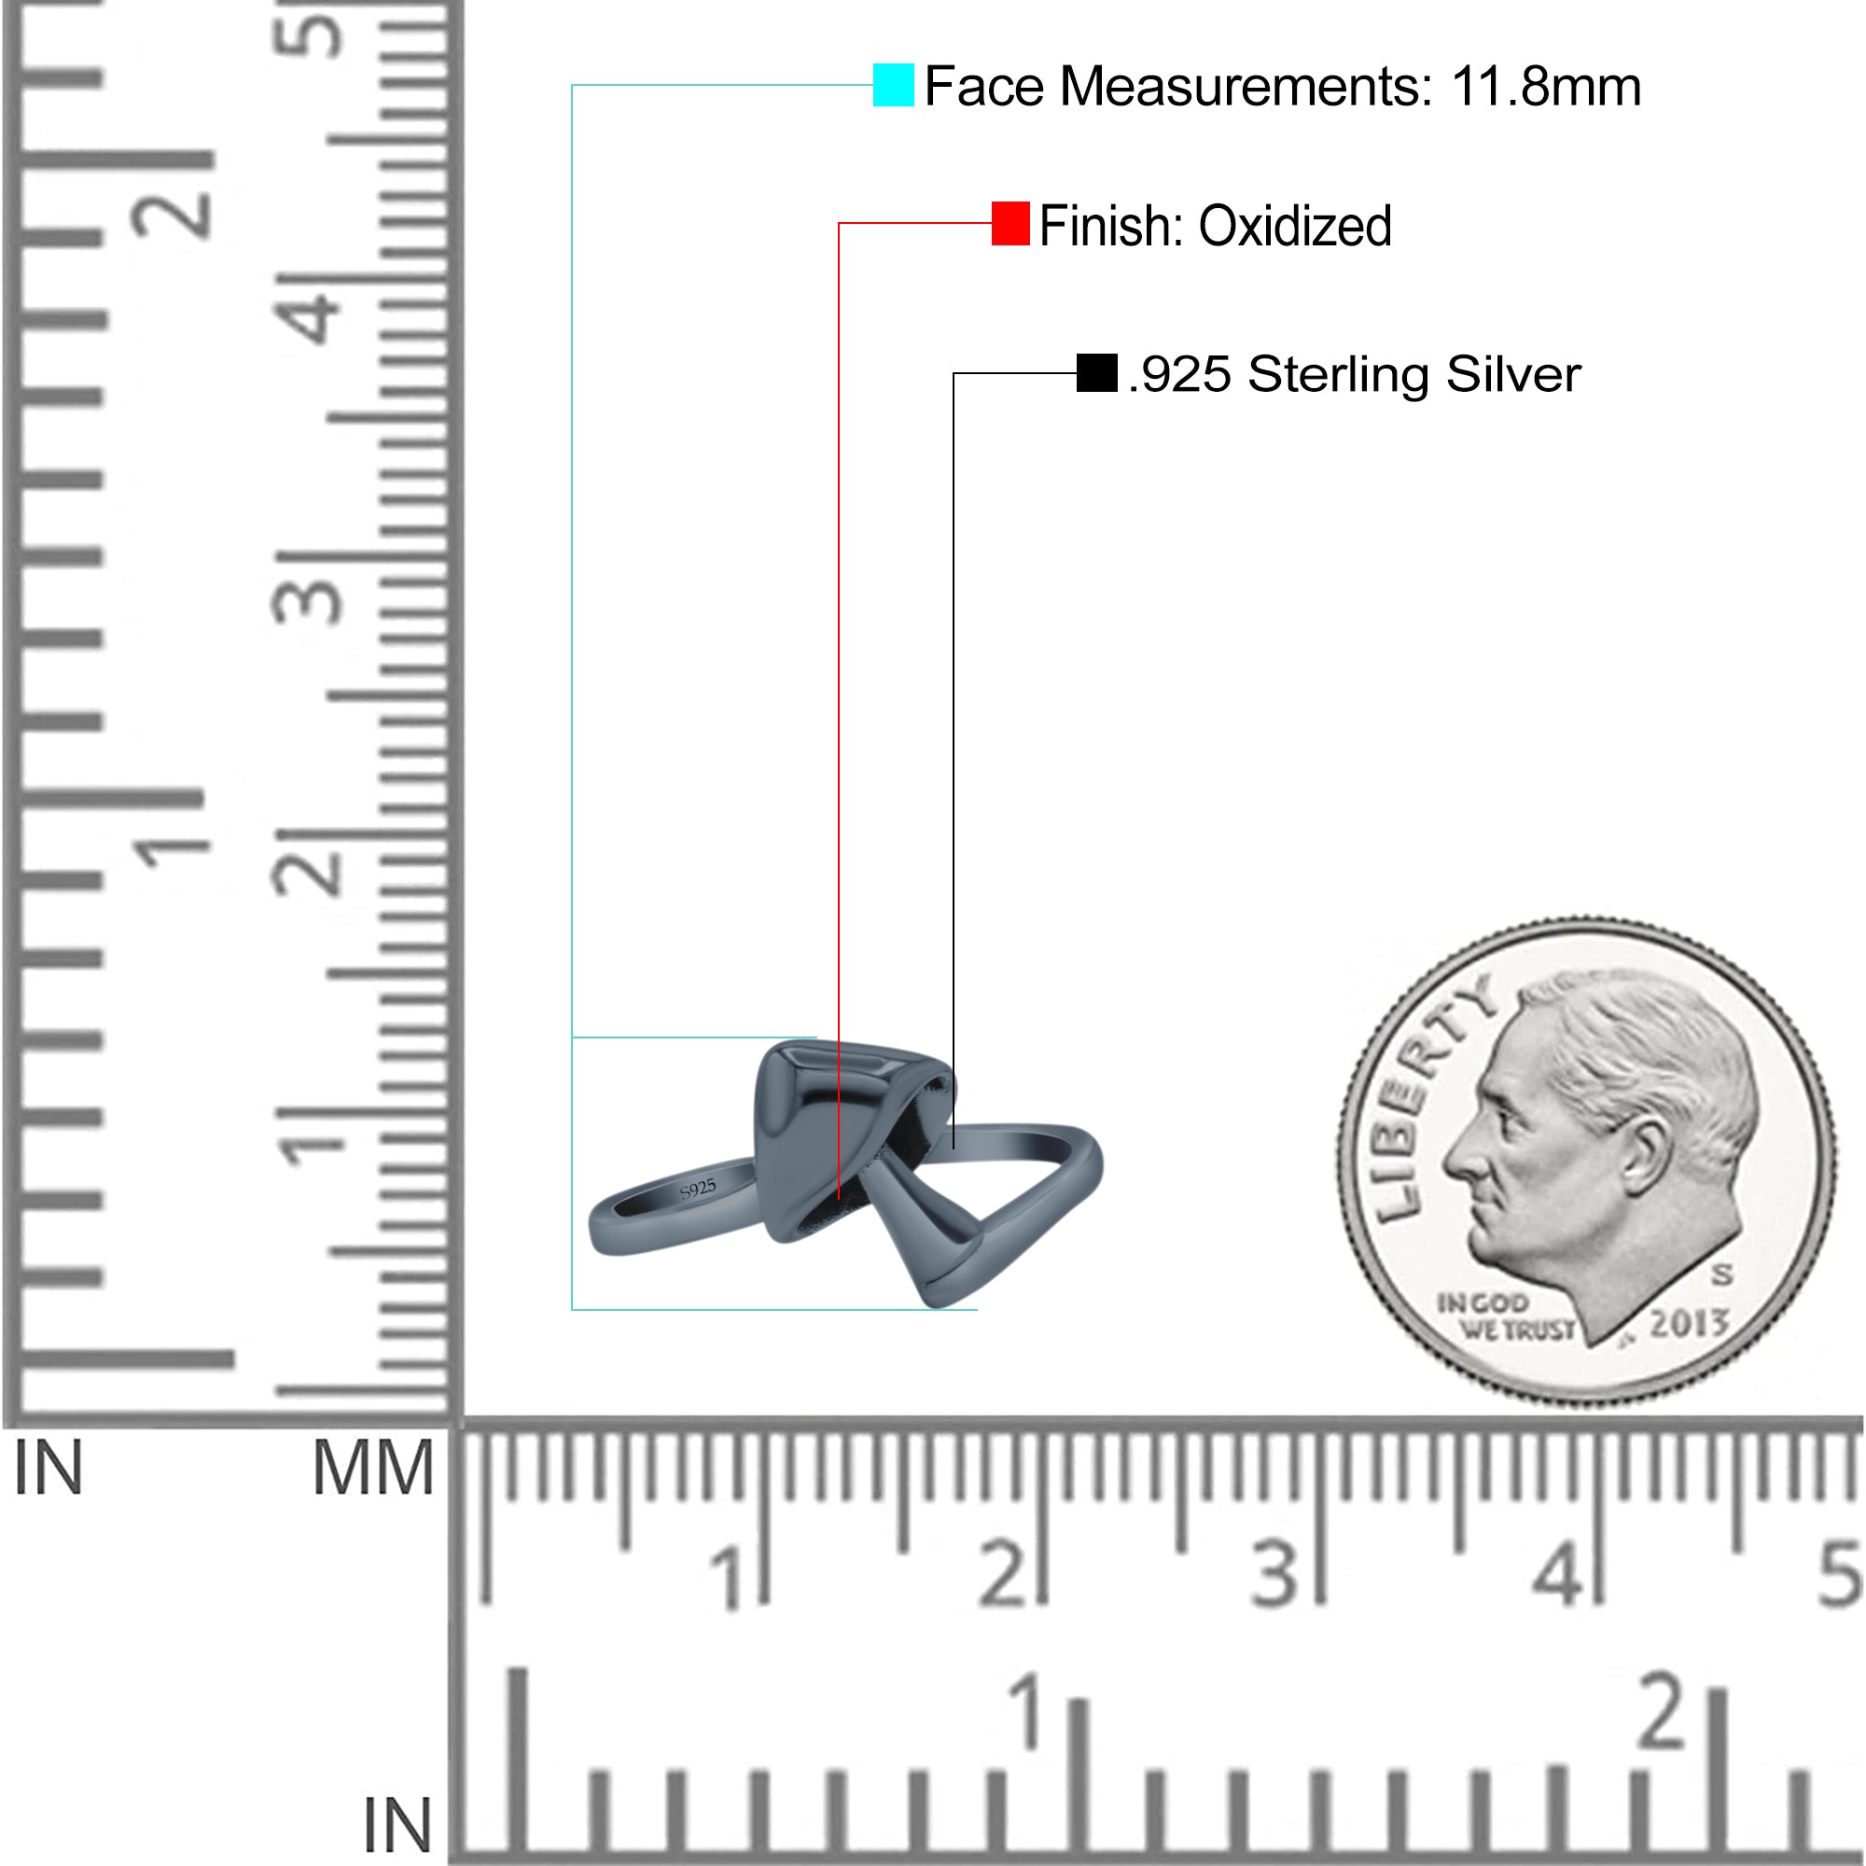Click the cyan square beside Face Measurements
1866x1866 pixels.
894,85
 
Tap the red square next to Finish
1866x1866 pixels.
1010,223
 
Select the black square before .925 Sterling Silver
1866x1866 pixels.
1096,373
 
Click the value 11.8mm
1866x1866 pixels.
1545,86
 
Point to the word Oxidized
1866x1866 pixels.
1295,226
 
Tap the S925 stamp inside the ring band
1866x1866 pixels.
698,1189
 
